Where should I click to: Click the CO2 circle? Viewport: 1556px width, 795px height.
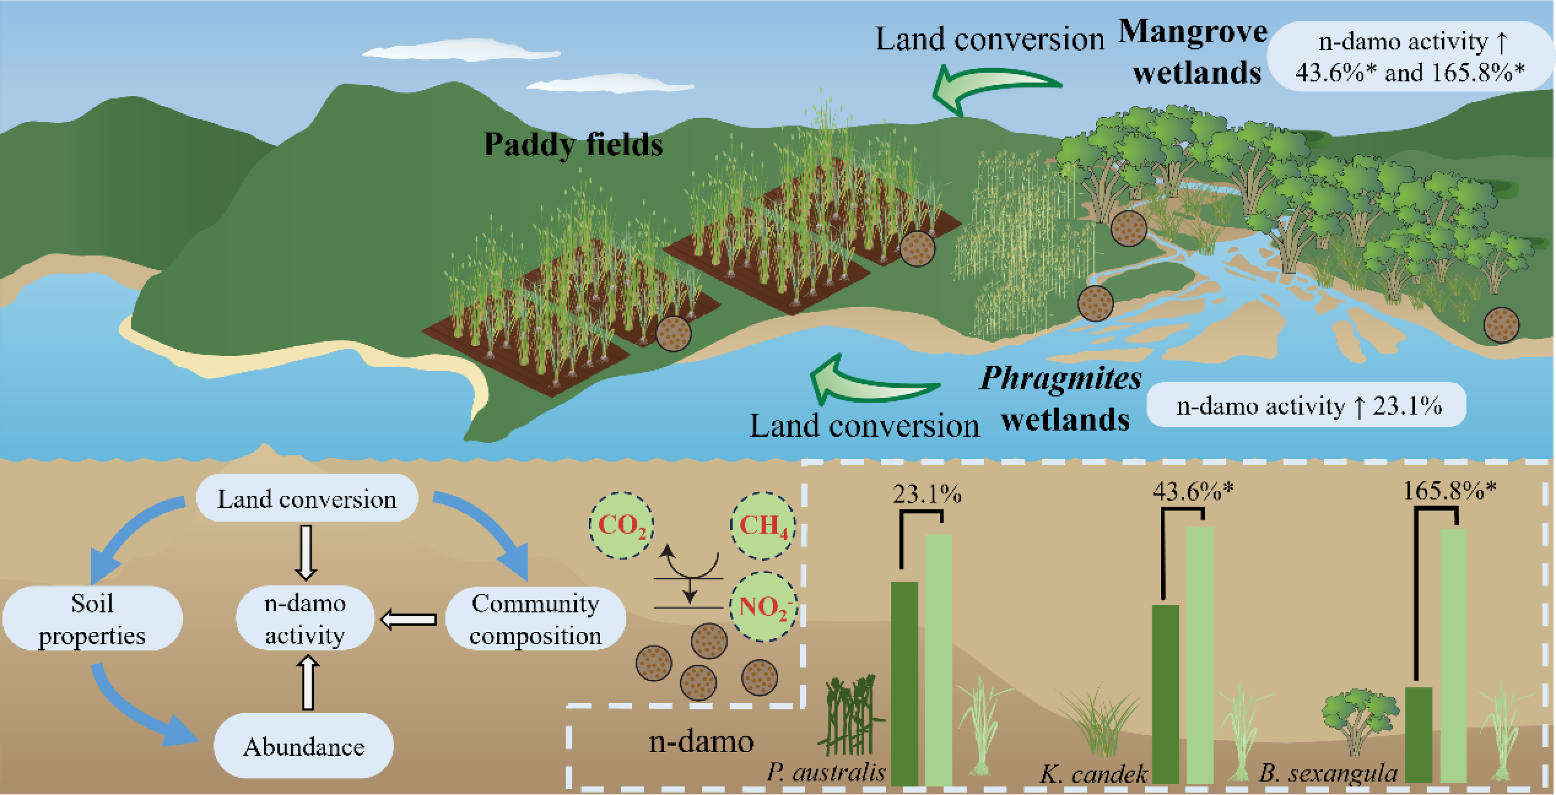(622, 525)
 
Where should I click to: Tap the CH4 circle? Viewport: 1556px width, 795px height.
(763, 525)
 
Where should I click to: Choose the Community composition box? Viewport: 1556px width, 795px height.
(535, 619)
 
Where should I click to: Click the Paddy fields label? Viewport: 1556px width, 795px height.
(573, 145)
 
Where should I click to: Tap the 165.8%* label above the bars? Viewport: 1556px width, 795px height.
(1449, 490)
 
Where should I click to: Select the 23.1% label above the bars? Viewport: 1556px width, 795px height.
(927, 494)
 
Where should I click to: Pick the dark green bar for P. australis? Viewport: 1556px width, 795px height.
(904, 683)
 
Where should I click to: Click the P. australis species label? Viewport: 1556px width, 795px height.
(826, 772)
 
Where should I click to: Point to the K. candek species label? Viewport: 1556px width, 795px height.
(1093, 773)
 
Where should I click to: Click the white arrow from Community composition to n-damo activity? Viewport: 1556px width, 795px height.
(409, 619)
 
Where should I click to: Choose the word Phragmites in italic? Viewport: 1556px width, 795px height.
(1060, 379)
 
